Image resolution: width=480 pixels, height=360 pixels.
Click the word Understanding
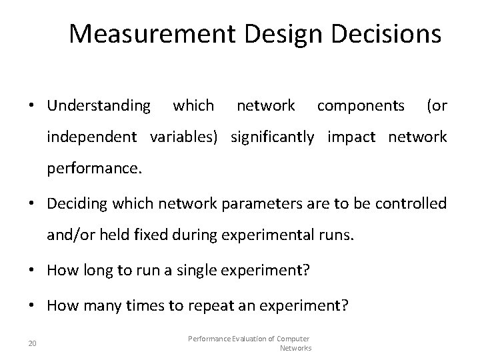click(x=99, y=105)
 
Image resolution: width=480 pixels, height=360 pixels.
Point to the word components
click(x=360, y=105)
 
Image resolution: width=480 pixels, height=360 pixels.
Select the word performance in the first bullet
click(x=93, y=169)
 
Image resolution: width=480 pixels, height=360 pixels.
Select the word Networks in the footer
click(x=295, y=348)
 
